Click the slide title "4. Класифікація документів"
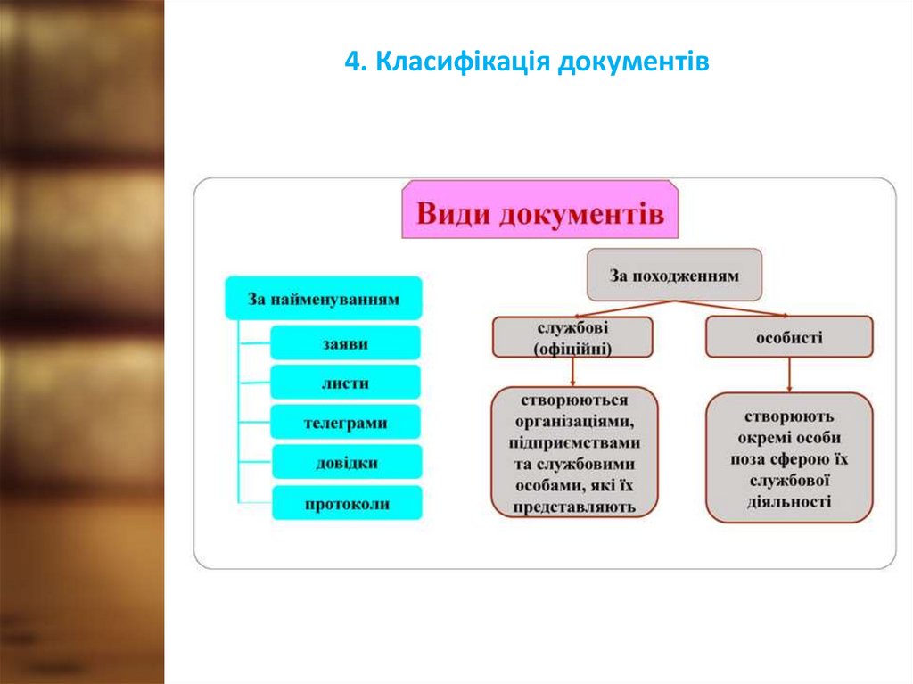(526, 62)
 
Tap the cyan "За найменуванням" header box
(323, 299)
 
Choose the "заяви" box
(345, 343)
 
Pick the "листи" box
(345, 383)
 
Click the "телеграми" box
(345, 422)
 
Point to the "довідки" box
(345, 463)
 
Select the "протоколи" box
(345, 504)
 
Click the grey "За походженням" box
(674, 276)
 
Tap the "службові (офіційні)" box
(572, 339)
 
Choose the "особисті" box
(789, 339)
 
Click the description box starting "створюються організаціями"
(574, 453)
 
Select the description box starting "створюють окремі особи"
(789, 458)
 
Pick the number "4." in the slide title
(354, 62)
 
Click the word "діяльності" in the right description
(789, 502)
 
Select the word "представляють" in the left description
(574, 507)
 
